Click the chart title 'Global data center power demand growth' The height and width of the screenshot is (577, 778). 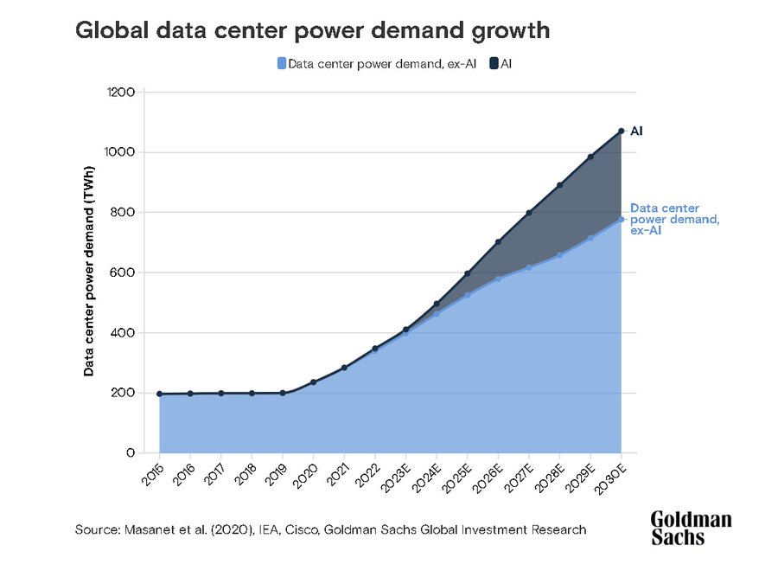313,31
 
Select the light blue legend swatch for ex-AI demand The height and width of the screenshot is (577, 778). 282,63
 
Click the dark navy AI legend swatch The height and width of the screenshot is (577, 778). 494,63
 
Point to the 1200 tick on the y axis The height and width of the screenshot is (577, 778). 120,92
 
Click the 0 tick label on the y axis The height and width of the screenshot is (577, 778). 130,452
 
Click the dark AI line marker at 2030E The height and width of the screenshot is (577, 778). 621,131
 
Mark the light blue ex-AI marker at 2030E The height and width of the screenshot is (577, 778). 621,219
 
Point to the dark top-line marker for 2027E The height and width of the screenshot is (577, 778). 528,213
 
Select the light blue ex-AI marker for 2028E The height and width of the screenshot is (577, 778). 559,255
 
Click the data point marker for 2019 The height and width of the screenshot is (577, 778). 283,393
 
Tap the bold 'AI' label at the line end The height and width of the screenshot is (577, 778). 636,131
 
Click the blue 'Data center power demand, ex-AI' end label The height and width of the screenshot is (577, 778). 675,220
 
